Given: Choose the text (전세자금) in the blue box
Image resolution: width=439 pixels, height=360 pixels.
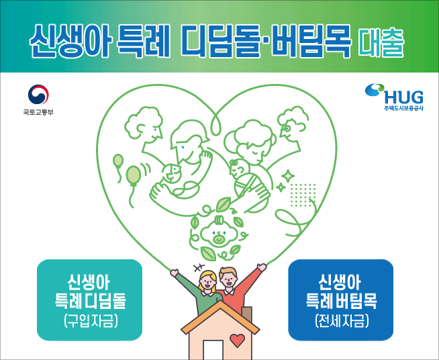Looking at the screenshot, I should [341, 320].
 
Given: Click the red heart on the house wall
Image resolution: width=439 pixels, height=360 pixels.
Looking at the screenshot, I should [236, 340].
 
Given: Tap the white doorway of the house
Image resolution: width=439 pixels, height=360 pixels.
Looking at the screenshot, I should [213, 350].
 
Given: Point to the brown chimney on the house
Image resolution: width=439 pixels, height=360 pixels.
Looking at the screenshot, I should [247, 314].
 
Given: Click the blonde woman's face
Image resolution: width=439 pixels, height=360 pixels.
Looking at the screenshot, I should [207, 282].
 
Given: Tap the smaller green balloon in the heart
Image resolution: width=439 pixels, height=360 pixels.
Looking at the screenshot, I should [118, 161].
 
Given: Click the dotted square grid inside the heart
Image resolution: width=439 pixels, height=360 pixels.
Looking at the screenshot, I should [303, 195].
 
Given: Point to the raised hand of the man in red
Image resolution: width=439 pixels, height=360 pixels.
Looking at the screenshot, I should [262, 267].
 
